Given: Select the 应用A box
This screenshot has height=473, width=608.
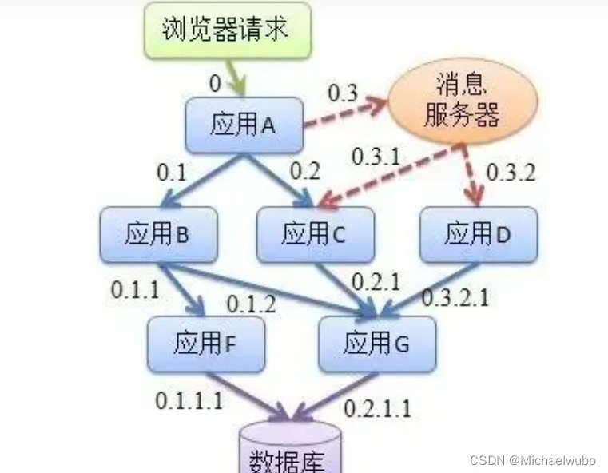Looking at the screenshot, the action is [244, 125].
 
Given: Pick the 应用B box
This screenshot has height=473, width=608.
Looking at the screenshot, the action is [158, 233].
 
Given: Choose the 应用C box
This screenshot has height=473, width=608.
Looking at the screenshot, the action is [315, 233].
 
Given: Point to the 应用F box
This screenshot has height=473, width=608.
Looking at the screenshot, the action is [205, 343].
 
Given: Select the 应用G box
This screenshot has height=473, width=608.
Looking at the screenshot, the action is [376, 343].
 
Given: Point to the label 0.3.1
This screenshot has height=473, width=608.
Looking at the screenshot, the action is [376, 157].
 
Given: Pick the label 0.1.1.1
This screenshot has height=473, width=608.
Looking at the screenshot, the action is [189, 400].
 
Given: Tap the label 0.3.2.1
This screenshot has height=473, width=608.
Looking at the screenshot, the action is [455, 297].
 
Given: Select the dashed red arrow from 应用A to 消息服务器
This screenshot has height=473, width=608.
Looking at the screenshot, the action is [345, 113].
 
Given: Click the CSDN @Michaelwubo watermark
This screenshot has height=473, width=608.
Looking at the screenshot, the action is [533, 461].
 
